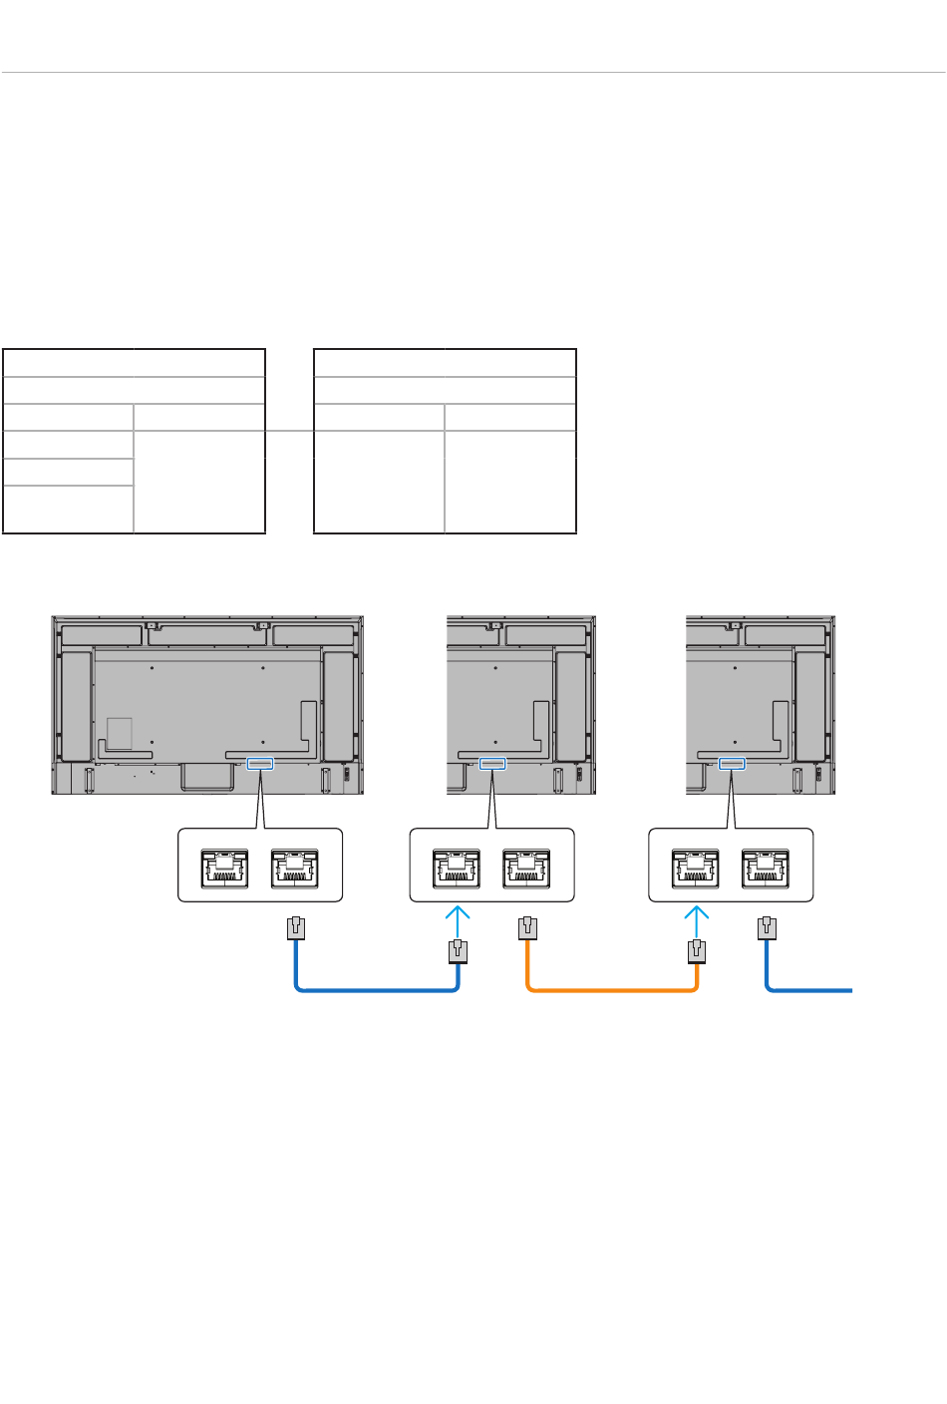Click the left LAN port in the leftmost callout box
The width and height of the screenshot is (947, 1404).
pos(224,868)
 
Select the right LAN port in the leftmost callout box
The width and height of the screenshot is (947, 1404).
pos(294,868)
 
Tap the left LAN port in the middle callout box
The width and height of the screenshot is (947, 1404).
pos(457,868)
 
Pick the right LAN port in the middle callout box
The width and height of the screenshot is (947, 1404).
pos(526,868)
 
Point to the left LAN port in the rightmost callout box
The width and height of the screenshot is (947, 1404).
pos(696,868)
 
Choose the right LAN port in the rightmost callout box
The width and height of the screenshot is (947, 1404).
pos(766,868)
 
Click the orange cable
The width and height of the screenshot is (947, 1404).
pos(610,990)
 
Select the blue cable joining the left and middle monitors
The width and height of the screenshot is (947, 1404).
pos(376,990)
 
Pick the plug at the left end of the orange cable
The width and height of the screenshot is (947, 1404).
pos(527,928)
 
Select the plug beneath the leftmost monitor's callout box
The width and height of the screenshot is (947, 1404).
pos(295,928)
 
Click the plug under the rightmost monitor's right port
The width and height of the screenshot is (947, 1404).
pos(766,928)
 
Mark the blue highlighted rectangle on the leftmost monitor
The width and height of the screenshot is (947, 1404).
pos(259,764)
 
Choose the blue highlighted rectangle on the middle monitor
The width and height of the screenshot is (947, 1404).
pos(492,764)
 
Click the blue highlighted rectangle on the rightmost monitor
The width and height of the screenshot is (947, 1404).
pos(731,764)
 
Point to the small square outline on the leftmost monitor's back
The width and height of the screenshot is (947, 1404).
pos(119,733)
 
